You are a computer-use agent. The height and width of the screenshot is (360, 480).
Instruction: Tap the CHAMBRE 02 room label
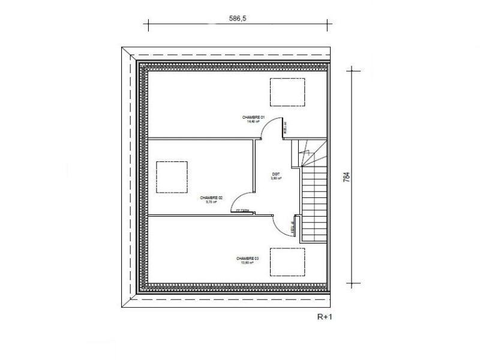211,197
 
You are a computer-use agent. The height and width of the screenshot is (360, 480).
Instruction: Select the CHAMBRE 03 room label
247,258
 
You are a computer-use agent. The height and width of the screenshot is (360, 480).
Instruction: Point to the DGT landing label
276,173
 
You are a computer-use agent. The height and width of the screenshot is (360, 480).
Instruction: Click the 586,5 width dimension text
238,19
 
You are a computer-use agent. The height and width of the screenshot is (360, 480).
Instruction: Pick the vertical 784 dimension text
346,178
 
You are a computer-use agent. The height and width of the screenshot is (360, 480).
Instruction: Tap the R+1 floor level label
325,316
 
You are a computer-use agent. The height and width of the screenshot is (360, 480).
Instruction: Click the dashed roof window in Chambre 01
285,93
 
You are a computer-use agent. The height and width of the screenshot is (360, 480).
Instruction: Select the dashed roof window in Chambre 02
172,177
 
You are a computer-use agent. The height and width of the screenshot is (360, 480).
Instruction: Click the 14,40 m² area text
253,121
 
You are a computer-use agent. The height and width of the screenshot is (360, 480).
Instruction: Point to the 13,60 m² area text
247,263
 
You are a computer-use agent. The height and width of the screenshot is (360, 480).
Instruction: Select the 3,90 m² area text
276,178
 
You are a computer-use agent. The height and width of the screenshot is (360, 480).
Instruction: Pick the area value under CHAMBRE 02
211,202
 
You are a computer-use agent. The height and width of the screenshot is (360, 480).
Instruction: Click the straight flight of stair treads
313,204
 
